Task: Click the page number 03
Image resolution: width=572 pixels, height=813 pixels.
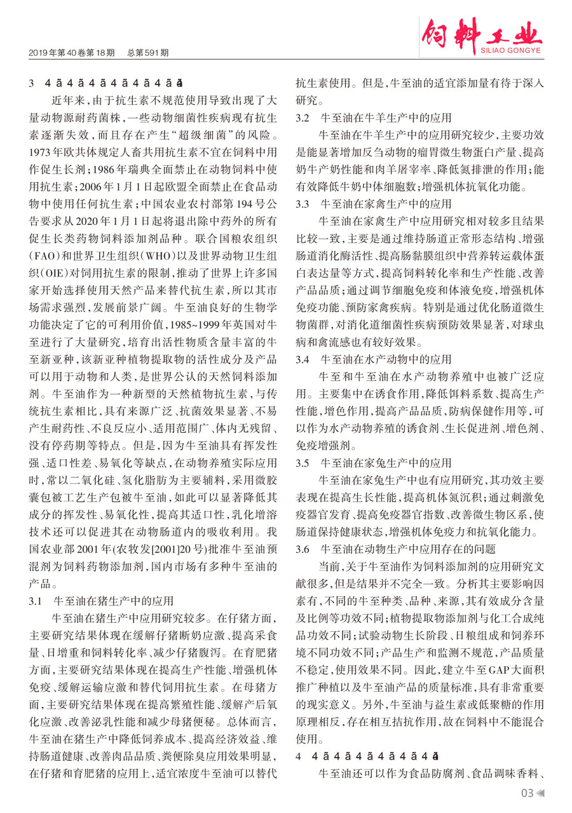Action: click(x=527, y=793)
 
